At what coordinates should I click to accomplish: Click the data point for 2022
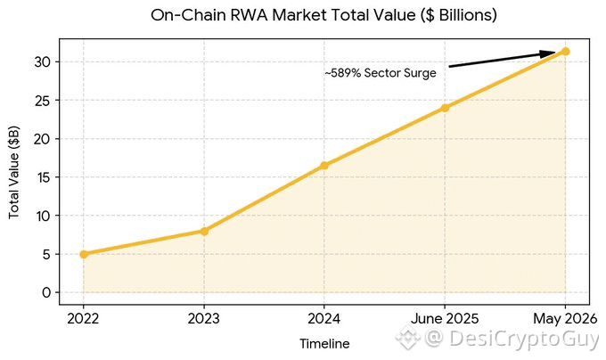click(x=84, y=254)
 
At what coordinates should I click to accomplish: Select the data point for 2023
click(x=204, y=231)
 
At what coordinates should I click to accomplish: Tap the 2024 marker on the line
click(x=324, y=166)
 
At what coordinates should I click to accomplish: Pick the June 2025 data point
click(x=445, y=108)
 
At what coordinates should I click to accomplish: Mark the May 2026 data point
click(x=565, y=52)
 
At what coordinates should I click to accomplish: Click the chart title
click(x=323, y=15)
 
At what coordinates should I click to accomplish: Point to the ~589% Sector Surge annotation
click(x=381, y=72)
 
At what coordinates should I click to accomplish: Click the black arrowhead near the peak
click(x=548, y=53)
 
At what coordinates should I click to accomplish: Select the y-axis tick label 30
click(x=42, y=61)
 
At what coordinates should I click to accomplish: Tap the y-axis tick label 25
click(x=42, y=101)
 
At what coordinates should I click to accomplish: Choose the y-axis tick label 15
click(x=42, y=177)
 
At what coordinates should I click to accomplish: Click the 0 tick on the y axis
click(x=46, y=293)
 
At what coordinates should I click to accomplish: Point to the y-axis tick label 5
click(x=46, y=254)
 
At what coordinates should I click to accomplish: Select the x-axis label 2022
click(x=83, y=319)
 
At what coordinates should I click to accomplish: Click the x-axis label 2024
click(x=323, y=319)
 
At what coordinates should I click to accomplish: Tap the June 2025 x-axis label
click(x=445, y=319)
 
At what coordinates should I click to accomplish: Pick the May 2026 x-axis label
click(x=565, y=319)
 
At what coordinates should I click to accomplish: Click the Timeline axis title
click(x=324, y=343)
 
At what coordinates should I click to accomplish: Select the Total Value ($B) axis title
click(x=14, y=172)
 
